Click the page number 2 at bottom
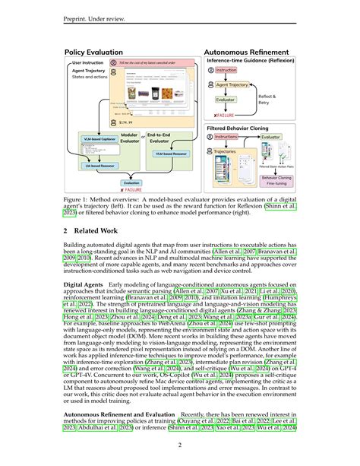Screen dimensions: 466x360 point(180,446)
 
